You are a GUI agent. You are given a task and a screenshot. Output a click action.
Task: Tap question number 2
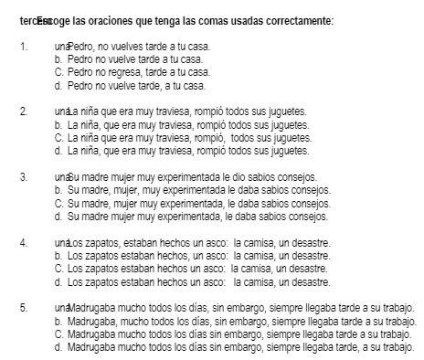(x=22, y=111)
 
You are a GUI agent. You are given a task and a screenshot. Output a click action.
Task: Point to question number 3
(x=22, y=177)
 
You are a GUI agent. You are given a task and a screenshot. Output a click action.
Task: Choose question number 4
(x=22, y=243)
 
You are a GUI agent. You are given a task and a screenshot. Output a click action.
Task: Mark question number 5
(x=22, y=308)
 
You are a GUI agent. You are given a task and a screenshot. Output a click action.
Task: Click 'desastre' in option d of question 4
(x=307, y=282)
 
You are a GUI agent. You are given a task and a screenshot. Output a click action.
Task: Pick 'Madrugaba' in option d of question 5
(x=90, y=348)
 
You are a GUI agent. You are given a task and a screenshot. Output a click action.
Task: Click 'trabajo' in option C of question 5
(x=391, y=334)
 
